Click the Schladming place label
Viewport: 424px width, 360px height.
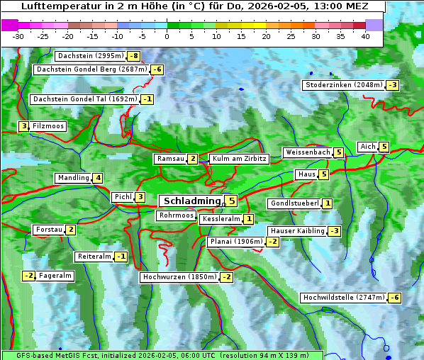[x=190, y=201]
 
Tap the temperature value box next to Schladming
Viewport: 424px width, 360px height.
[x=231, y=201]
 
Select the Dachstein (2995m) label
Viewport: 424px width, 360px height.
[x=90, y=56]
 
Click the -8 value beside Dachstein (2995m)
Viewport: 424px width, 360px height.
[x=133, y=56]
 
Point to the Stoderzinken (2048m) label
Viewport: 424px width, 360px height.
[x=343, y=85]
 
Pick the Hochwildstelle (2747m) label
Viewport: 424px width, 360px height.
[x=343, y=298]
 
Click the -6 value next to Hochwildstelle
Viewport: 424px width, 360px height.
[x=394, y=298]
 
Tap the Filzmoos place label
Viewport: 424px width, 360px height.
[x=48, y=126]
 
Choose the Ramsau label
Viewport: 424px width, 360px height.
[x=170, y=159]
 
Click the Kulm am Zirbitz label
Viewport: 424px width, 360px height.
[x=239, y=159]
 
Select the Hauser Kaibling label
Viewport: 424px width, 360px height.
[x=297, y=231]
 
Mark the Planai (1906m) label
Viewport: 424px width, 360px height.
[x=236, y=242]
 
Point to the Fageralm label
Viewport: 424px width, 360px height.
[x=55, y=276]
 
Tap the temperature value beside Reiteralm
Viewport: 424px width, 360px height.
[x=121, y=257]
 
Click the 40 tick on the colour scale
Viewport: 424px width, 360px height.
[x=365, y=36]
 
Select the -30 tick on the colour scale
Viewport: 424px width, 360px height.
[x=18, y=36]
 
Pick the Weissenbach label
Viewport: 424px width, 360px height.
[x=307, y=152]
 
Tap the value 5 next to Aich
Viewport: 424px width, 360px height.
[x=384, y=147]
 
